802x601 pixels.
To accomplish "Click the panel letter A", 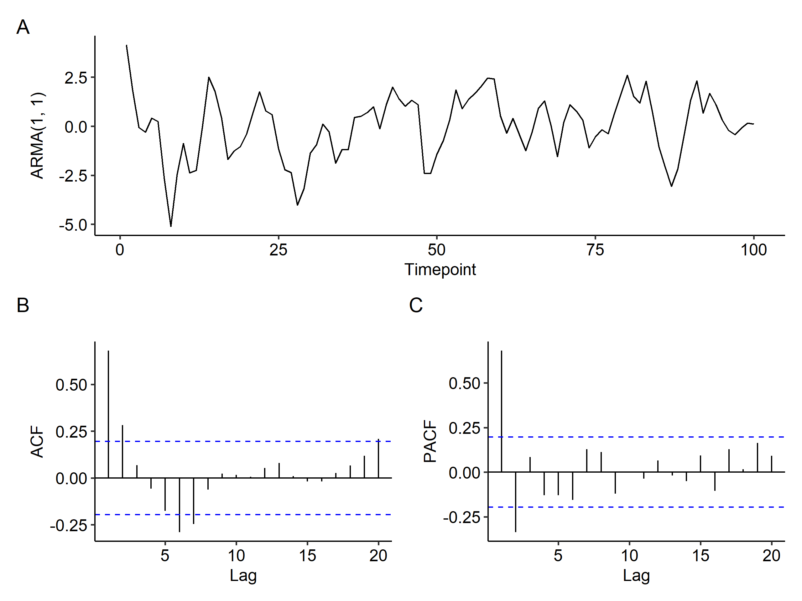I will pyautogui.click(x=23, y=27).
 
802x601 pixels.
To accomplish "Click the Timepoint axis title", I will pyautogui.click(x=440, y=270).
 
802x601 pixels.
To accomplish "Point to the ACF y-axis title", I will pyautogui.click(x=37, y=442).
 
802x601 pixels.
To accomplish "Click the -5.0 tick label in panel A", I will pyautogui.click(x=73, y=225).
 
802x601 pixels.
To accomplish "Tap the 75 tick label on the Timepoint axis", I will pyautogui.click(x=595, y=250).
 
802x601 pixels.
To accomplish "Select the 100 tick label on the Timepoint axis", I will pyautogui.click(x=753, y=250).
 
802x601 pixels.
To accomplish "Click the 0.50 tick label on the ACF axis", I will pyautogui.click(x=71, y=385).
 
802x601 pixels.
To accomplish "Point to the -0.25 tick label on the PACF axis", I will pyautogui.click(x=461, y=517).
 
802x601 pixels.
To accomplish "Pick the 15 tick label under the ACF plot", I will pyautogui.click(x=307, y=555).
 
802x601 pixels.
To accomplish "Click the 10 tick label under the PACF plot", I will pyautogui.click(x=629, y=555).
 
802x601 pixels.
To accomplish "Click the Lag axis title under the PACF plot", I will pyautogui.click(x=636, y=575).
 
